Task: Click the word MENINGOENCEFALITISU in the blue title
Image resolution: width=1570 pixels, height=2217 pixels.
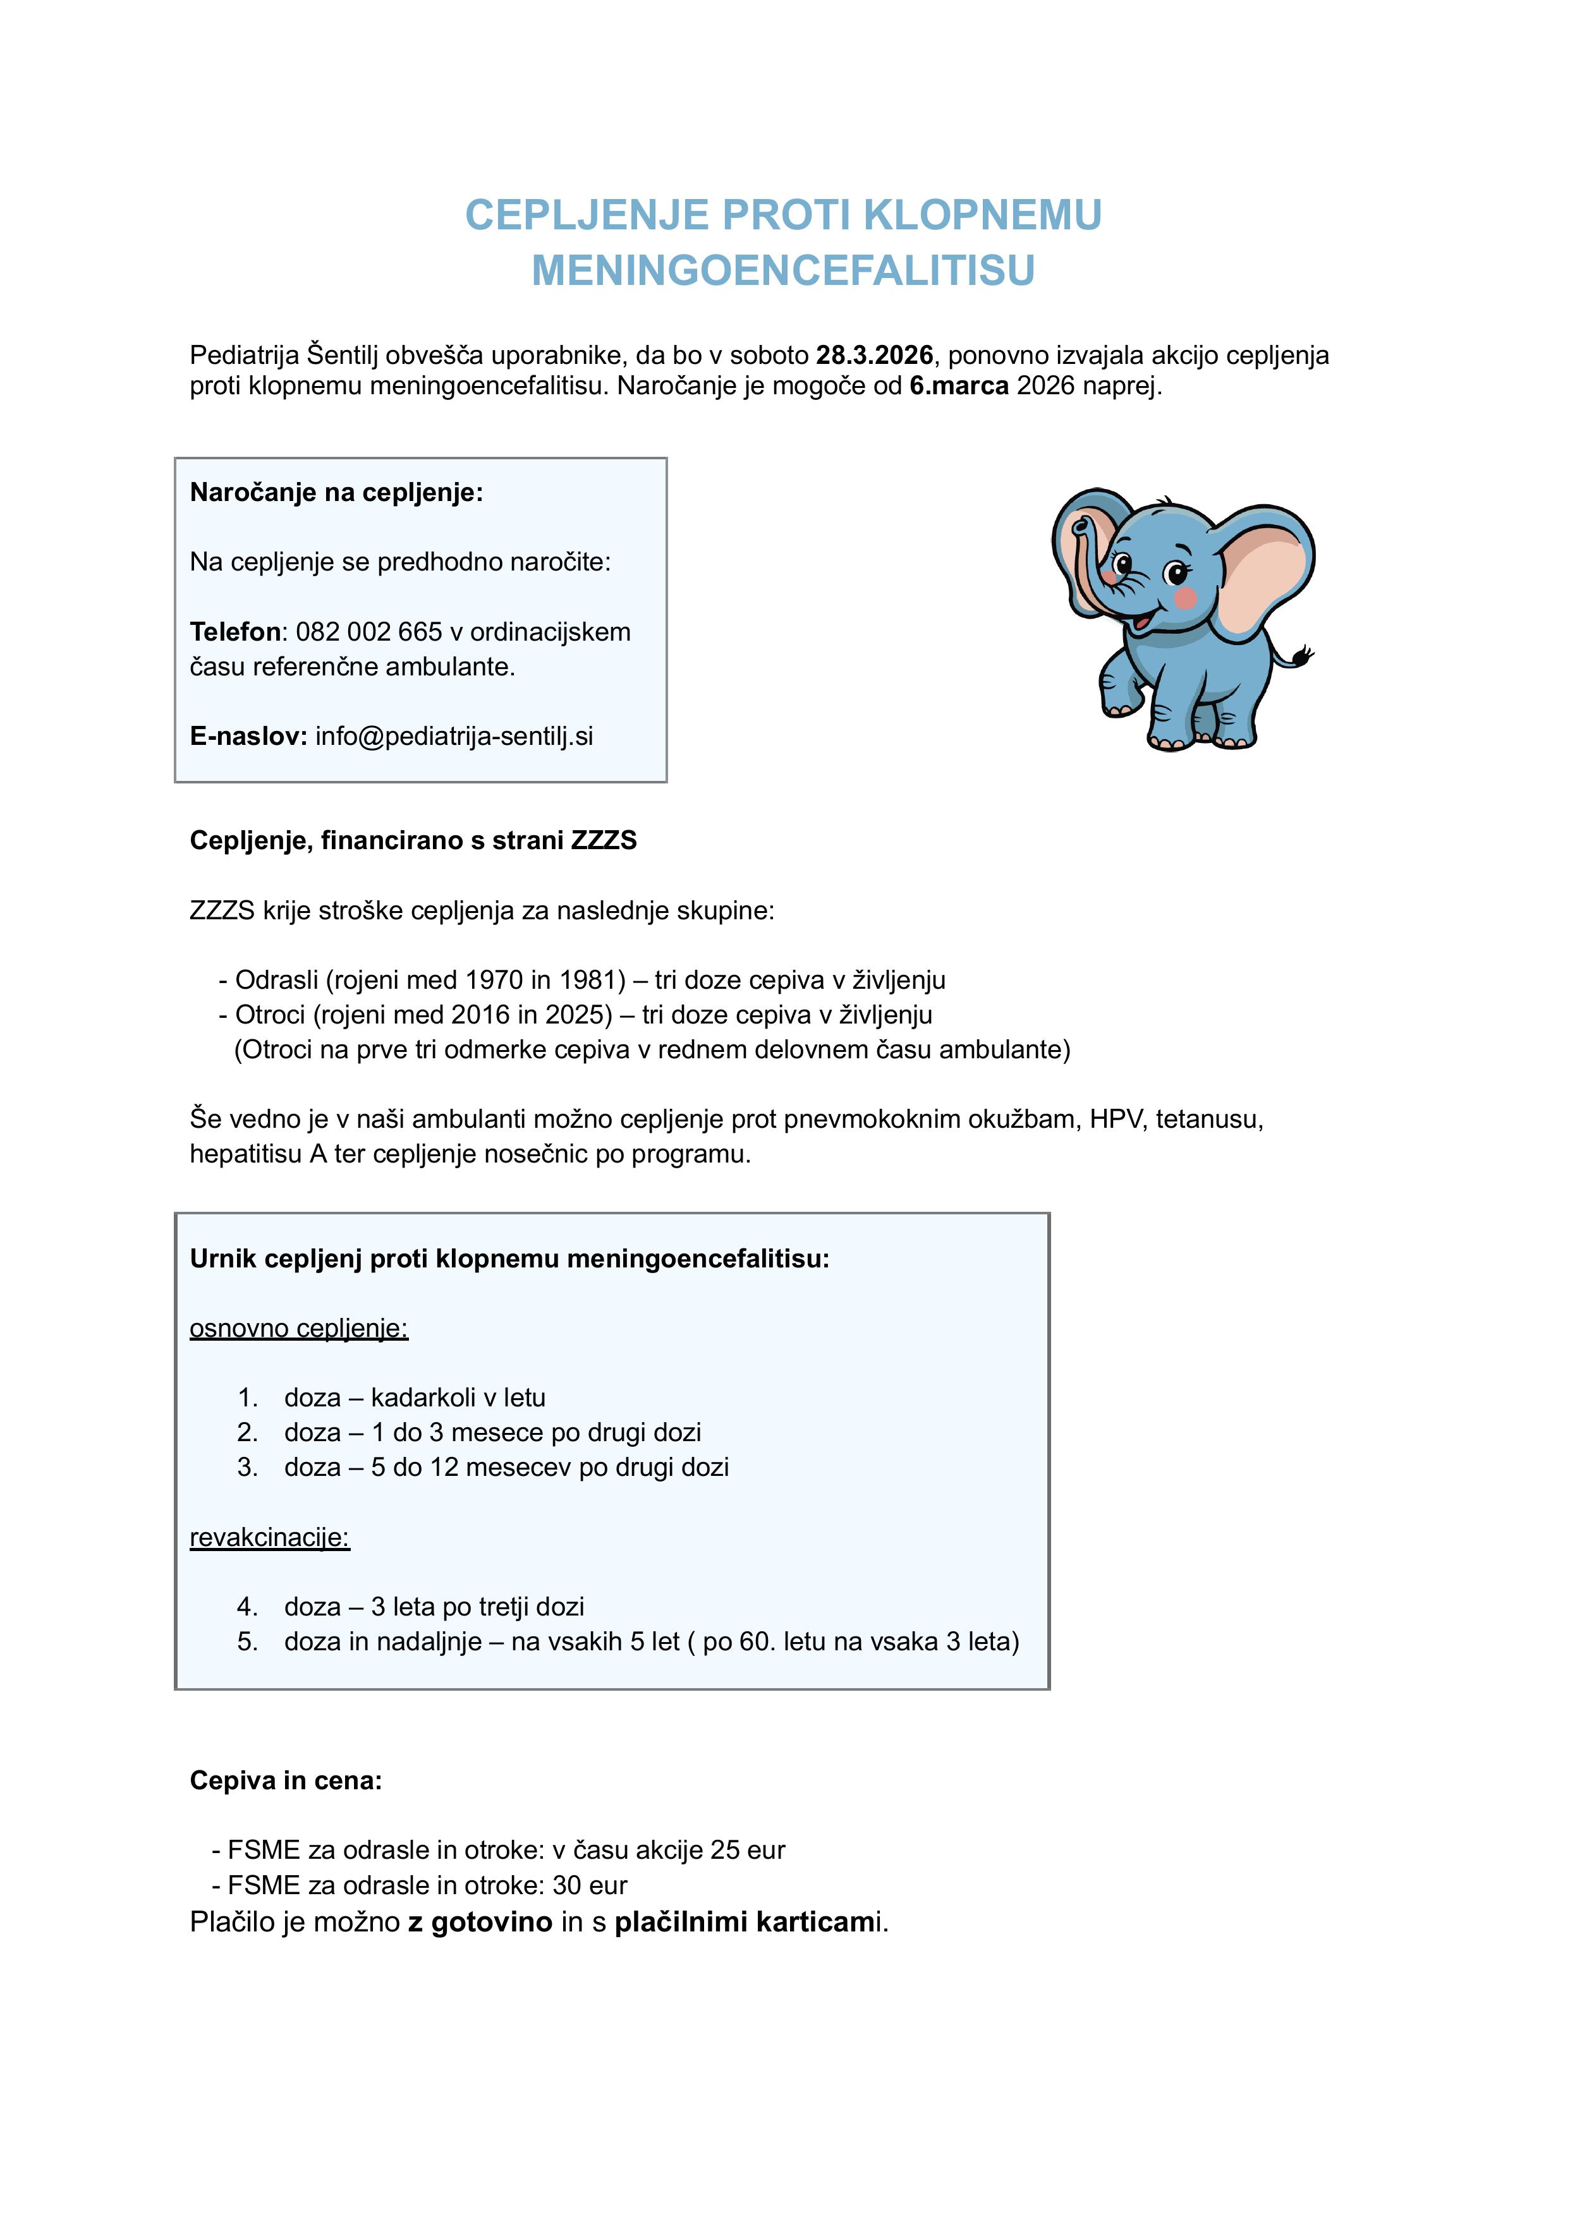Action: point(783,270)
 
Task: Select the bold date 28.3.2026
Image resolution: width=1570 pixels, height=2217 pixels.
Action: point(874,356)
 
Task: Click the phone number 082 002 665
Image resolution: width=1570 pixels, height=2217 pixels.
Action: point(369,632)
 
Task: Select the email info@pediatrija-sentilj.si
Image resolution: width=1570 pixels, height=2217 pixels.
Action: point(454,737)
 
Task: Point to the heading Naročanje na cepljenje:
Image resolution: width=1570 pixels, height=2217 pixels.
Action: point(336,493)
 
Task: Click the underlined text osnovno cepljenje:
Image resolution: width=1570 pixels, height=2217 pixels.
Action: point(299,1329)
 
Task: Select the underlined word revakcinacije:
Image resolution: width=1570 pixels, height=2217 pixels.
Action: point(270,1538)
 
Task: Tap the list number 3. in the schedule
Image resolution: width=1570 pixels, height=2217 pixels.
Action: point(248,1467)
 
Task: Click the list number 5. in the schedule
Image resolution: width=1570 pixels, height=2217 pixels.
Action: point(248,1642)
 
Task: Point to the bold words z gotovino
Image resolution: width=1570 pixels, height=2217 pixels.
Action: point(480,1922)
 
